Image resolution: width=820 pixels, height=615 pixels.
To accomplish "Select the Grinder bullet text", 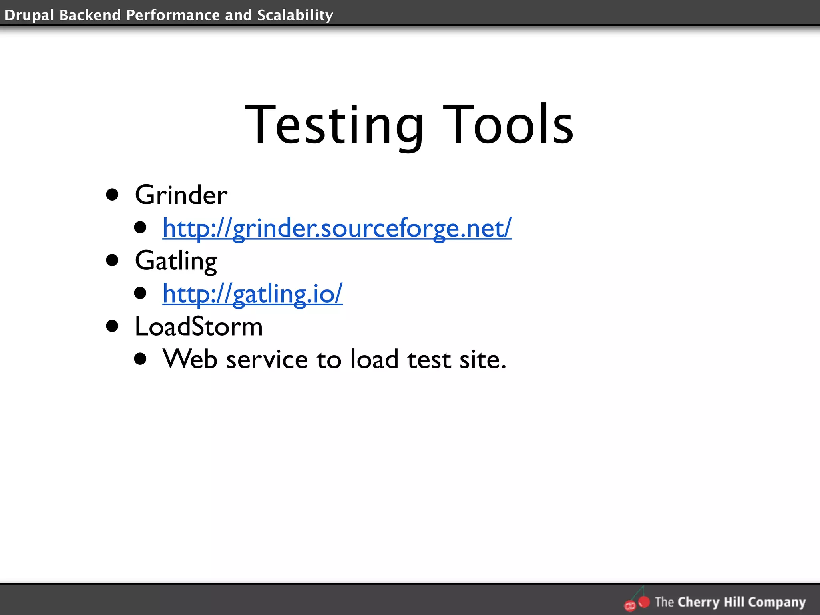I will [x=181, y=195].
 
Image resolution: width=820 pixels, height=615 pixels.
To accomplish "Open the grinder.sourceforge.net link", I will [x=337, y=228].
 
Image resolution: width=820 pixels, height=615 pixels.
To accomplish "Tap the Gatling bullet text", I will [x=176, y=261].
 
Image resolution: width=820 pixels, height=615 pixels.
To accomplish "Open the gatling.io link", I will [x=252, y=293].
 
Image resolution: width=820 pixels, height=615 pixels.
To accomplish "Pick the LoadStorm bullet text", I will [x=199, y=326].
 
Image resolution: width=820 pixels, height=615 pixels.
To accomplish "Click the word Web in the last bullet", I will [x=190, y=359].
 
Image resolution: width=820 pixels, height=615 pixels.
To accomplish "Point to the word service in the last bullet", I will [x=267, y=359].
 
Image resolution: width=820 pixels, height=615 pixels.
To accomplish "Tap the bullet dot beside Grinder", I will [x=112, y=195].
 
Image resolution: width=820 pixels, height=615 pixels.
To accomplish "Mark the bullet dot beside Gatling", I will [x=112, y=261].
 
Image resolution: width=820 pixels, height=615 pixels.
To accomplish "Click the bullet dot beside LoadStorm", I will [x=112, y=326].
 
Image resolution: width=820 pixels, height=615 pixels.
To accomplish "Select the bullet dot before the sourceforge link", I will [x=140, y=228].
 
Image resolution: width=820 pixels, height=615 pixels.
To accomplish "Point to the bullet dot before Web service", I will [x=140, y=359].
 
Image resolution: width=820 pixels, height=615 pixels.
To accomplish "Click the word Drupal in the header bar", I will [x=29, y=15].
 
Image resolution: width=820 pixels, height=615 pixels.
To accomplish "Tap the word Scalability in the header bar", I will [x=295, y=15].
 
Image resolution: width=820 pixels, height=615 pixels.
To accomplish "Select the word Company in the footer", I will [x=776, y=602].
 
